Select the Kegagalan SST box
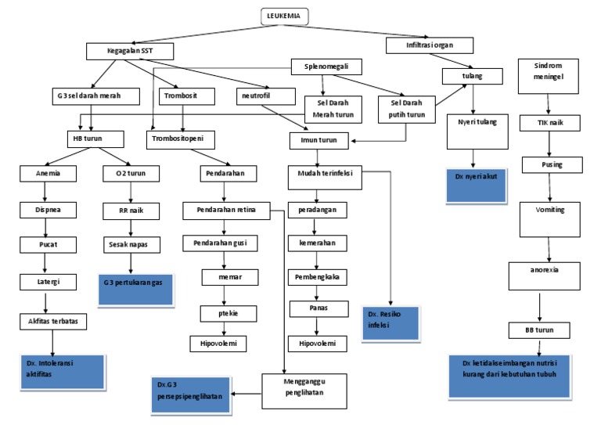coord(129,51)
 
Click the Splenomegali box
coord(321,68)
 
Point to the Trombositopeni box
coord(181,139)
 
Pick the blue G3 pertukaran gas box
coord(134,282)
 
